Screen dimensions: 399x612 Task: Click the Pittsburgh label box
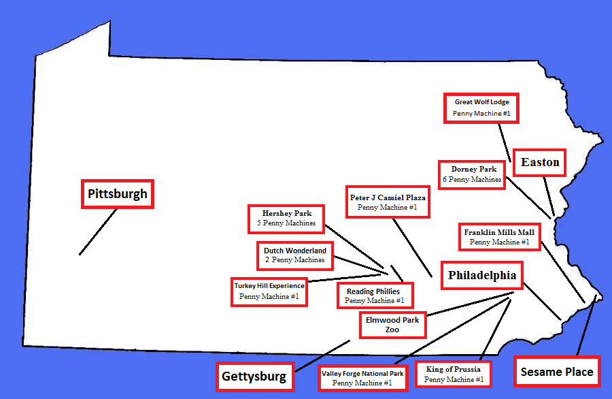click(117, 194)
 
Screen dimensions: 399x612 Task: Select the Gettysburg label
click(255, 376)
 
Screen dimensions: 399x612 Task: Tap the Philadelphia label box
click(482, 276)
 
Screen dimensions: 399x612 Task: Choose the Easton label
click(540, 162)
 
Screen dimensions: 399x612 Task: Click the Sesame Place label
click(556, 372)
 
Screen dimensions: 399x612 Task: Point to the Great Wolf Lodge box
click(481, 108)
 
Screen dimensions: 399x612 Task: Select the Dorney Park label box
click(473, 174)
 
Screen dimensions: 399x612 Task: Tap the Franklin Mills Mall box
click(499, 237)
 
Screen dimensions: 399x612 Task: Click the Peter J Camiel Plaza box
click(388, 202)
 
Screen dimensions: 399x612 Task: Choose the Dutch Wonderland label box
click(295, 255)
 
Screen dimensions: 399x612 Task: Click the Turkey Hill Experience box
click(269, 291)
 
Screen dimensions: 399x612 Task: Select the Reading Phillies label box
click(374, 296)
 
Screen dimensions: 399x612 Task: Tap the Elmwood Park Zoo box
click(392, 324)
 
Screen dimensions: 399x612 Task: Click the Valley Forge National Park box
click(362, 378)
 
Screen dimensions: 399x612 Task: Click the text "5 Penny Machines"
click(286, 223)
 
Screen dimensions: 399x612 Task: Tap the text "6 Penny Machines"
click(472, 180)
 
